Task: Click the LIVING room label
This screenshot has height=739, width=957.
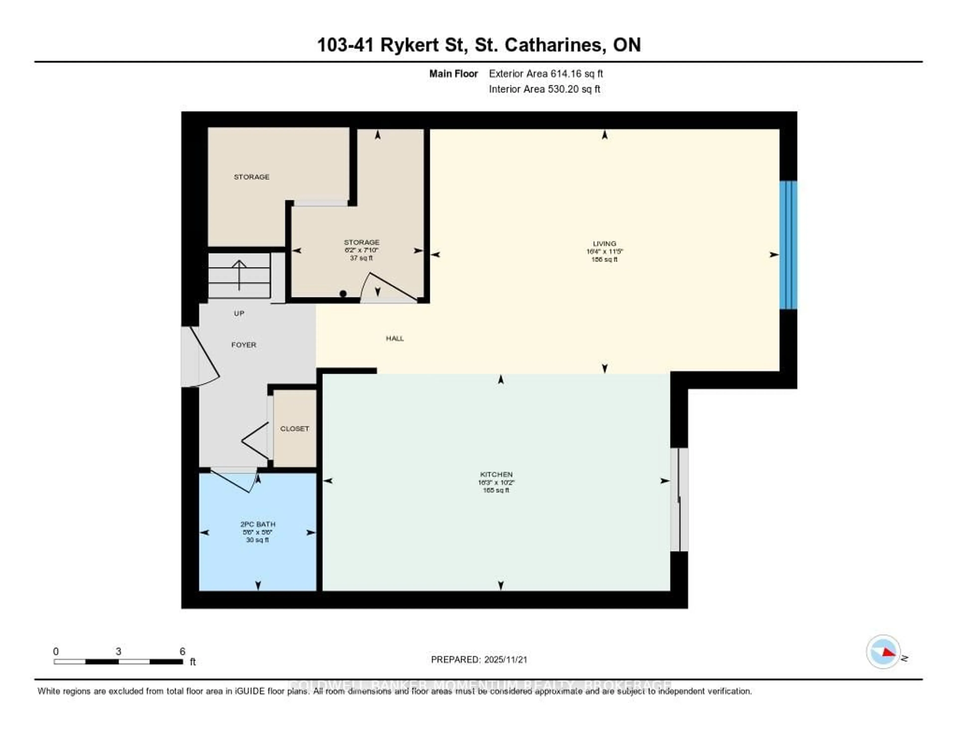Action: tap(604, 244)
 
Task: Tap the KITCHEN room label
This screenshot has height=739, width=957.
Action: tap(496, 474)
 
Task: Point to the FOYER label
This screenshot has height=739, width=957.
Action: tap(244, 345)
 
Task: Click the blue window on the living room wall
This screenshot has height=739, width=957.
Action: tap(788, 245)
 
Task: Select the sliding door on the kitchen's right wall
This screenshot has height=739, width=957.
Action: tap(679, 499)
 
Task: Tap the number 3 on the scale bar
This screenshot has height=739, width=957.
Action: tap(118, 651)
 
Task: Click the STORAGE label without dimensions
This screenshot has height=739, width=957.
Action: tap(251, 177)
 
